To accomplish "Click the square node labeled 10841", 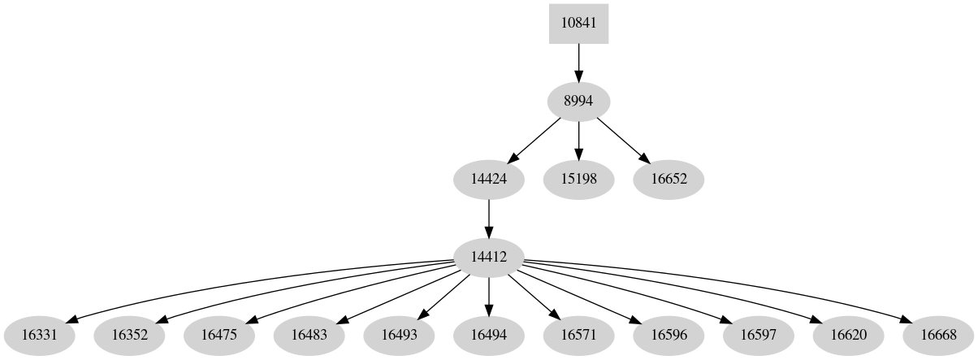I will click(x=578, y=23).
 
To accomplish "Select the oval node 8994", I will click(x=578, y=101).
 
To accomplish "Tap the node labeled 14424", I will click(x=489, y=179).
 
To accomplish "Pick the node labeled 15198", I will click(x=578, y=179).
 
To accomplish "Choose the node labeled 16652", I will click(x=669, y=179).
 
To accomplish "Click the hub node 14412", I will click(x=489, y=257).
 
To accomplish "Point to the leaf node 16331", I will click(x=39, y=334).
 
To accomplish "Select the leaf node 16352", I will click(x=129, y=334).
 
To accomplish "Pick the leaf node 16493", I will click(x=399, y=334).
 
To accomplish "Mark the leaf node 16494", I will click(x=489, y=334).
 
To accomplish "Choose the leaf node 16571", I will click(x=578, y=334).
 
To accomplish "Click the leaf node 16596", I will click(x=669, y=334).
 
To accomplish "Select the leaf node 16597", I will click(x=759, y=334).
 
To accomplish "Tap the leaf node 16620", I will click(x=849, y=334).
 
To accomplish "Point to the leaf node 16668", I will click(x=938, y=334).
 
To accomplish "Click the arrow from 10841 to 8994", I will click(x=578, y=62).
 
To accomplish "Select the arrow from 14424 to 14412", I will click(x=489, y=218).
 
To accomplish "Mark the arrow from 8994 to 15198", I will click(x=578, y=140).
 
